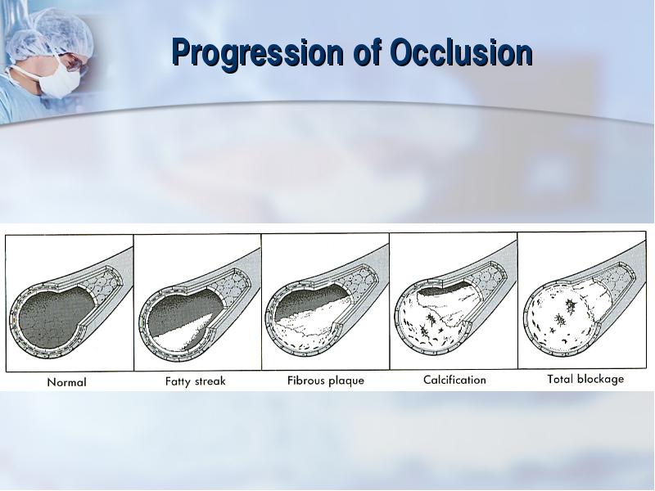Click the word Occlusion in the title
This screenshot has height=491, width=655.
(x=461, y=52)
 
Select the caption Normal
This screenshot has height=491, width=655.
(x=67, y=382)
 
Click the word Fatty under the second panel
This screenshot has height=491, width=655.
(x=176, y=381)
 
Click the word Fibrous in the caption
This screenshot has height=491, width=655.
(x=304, y=381)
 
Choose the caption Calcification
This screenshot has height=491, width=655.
(x=454, y=380)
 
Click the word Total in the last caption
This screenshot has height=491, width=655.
(x=560, y=379)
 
